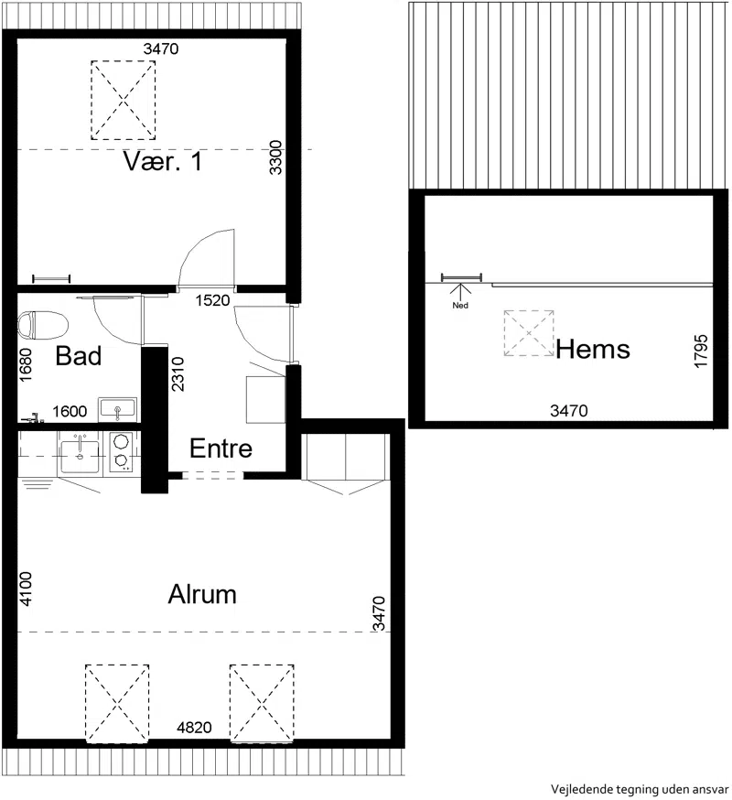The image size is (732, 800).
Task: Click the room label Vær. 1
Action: click(163, 161)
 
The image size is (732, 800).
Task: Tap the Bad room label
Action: click(79, 356)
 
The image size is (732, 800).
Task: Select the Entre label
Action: click(221, 449)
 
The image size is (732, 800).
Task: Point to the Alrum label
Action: click(202, 594)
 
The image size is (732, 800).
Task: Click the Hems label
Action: click(593, 350)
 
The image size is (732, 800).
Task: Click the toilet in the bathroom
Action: click(43, 325)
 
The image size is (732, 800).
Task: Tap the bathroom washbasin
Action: click(118, 410)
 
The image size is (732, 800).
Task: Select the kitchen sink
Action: click(81, 454)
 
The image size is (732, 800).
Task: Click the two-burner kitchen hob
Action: click(121, 450)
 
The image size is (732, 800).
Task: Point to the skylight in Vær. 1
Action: click(124, 100)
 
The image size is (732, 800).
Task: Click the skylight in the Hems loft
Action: click(529, 333)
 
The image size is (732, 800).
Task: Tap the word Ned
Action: click(460, 306)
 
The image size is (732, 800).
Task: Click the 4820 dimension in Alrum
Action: click(194, 727)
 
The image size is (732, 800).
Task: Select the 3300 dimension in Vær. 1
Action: click(275, 157)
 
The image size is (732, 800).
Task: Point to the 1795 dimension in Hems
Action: click(701, 351)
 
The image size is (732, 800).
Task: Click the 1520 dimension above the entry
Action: click(212, 300)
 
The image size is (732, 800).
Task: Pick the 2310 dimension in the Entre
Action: click(178, 374)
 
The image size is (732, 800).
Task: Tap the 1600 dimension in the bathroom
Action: click(70, 411)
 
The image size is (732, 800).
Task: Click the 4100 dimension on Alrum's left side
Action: click(25, 589)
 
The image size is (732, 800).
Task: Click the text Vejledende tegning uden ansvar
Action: click(640, 789)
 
